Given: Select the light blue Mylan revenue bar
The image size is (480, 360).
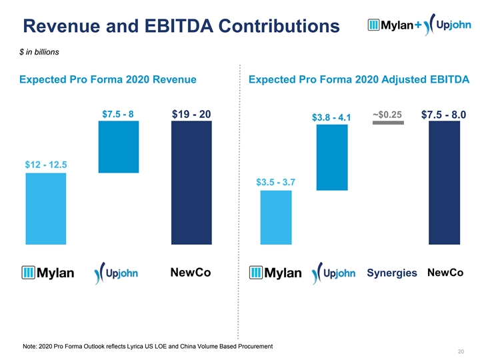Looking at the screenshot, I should (45, 208).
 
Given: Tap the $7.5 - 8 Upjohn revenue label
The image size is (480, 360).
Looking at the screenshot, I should (118, 114).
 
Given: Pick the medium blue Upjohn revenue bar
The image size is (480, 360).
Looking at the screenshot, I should (118, 147).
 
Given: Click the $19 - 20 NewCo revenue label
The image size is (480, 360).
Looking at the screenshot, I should (191, 115).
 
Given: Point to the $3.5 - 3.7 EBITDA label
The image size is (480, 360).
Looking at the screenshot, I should (276, 182).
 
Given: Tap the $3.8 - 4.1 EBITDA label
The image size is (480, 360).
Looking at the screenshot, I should (332, 118).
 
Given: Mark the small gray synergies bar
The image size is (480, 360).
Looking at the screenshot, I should (389, 123).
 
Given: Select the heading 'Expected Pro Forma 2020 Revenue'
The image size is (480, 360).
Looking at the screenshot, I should (108, 80).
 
